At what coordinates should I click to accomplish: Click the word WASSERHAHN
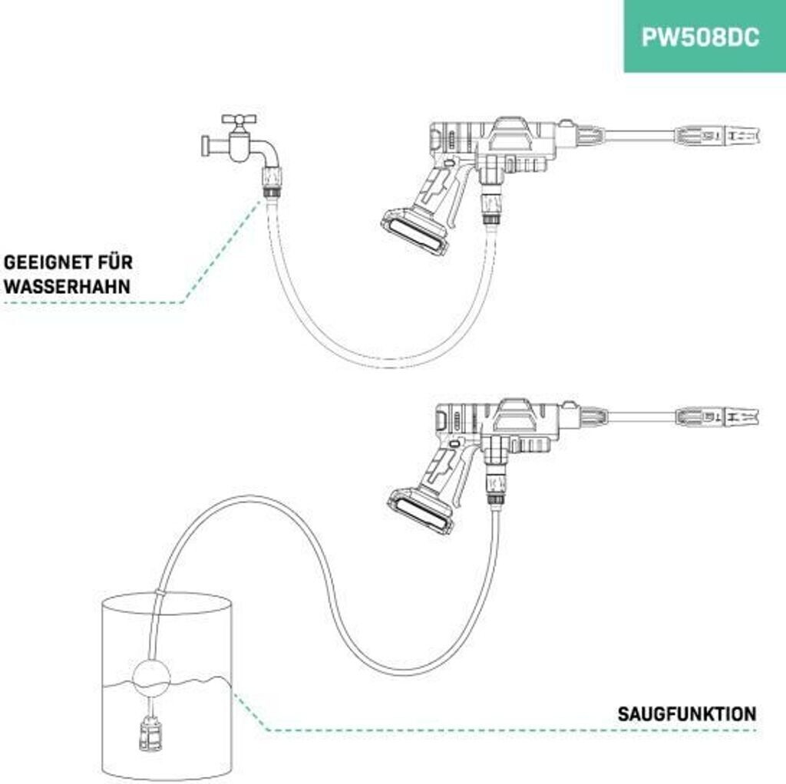click(x=67, y=287)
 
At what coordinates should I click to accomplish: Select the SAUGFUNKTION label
click(x=686, y=714)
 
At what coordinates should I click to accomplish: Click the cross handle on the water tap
click(x=239, y=120)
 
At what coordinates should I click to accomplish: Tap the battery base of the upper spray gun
click(x=414, y=233)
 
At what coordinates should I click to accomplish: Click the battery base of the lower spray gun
click(x=421, y=510)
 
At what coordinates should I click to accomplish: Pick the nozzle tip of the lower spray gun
click(x=738, y=416)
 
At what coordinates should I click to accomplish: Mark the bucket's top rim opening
click(x=166, y=603)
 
